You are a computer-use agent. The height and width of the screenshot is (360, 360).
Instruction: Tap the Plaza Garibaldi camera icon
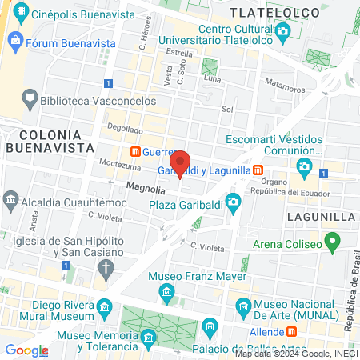(x=233, y=200)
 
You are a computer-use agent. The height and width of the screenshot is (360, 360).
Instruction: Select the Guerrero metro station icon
(x=136, y=151)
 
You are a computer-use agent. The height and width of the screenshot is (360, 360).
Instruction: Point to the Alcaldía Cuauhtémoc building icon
(x=10, y=199)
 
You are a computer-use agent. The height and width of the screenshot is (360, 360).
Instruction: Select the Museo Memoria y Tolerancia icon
(x=148, y=340)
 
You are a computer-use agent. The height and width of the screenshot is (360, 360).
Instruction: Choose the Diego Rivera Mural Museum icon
(x=103, y=306)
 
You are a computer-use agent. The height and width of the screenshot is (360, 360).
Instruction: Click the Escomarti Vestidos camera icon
(x=304, y=166)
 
